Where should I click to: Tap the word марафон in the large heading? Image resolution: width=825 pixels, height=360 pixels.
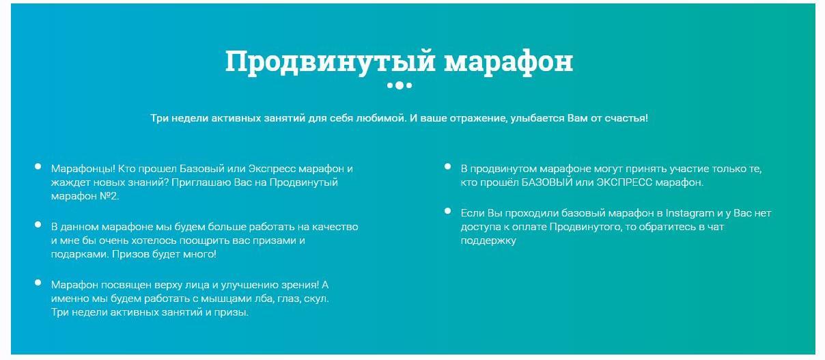508,62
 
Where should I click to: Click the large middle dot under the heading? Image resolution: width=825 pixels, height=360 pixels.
400,85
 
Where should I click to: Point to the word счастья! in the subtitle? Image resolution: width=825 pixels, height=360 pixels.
626,118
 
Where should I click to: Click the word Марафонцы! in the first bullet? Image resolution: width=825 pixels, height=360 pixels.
83,169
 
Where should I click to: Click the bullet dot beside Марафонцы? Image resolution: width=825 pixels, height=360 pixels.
37,166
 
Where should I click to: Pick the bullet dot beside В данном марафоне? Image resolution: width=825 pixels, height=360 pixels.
37,224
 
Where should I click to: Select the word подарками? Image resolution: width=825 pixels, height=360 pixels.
77,254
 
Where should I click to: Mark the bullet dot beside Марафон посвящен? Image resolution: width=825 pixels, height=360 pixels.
37,282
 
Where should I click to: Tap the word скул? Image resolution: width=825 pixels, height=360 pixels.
318,299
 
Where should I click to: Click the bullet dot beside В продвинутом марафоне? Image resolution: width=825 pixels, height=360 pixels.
447,166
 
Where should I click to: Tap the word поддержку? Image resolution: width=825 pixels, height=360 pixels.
488,240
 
